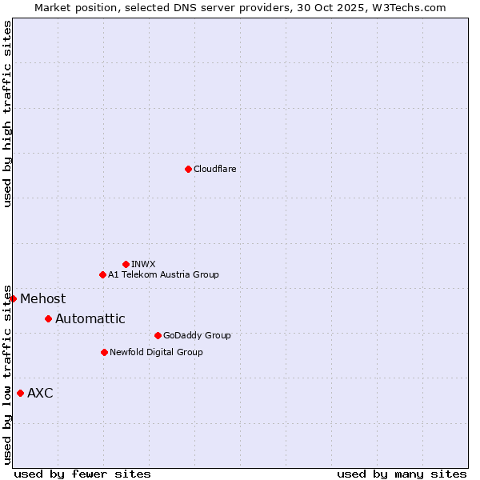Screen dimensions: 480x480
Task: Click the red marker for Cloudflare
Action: click(188, 169)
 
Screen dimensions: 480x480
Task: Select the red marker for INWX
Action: click(126, 264)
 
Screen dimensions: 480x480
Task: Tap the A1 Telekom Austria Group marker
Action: click(102, 274)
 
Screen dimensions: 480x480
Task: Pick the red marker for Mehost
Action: click(13, 298)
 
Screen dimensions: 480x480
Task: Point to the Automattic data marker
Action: click(48, 318)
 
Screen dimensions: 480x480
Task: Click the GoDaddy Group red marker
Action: click(158, 335)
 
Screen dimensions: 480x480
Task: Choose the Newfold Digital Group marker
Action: click(104, 352)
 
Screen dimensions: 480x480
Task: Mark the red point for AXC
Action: click(20, 393)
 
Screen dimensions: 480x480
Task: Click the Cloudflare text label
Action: click(215, 169)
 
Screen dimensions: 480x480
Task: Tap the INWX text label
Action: click(143, 264)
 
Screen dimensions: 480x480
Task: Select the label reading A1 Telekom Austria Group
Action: click(163, 274)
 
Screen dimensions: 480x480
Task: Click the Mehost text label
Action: click(43, 298)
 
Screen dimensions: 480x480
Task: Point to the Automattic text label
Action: click(90, 318)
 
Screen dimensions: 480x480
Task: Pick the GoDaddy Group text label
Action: click(197, 335)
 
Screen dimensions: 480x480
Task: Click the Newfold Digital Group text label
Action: click(156, 352)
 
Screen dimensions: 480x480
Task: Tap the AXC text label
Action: click(40, 393)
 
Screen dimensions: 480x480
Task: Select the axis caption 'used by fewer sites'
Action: click(82, 474)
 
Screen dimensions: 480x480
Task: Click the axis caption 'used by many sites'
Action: click(402, 474)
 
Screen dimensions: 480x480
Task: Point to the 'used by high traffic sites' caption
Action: click(7, 114)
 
